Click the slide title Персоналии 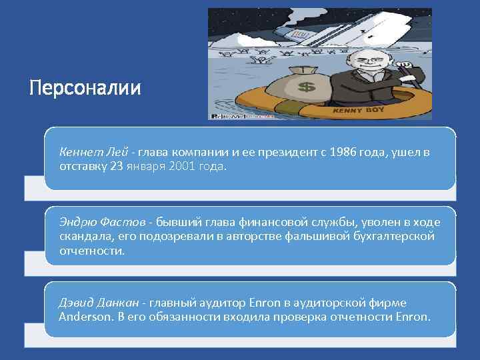(x=85, y=88)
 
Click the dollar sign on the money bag (x=306, y=87)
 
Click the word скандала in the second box (x=81, y=236)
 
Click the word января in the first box (x=145, y=166)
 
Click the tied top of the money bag (x=287, y=71)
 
